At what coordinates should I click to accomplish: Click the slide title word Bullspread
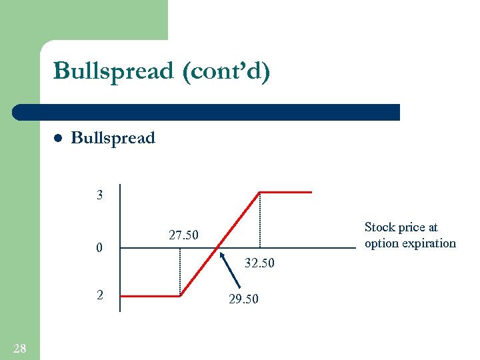113,71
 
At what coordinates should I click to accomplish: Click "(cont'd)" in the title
224,71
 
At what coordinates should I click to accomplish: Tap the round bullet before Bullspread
57,139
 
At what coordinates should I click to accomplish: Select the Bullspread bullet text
113,138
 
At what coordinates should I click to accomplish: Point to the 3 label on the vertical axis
100,196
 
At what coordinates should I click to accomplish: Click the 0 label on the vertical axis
99,249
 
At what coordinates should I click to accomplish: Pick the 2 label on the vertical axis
100,295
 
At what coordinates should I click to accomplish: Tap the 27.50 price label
183,235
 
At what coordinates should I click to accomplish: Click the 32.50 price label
259,263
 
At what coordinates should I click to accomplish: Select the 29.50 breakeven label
243,299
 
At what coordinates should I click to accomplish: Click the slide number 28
20,347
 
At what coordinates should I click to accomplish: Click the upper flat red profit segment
285,192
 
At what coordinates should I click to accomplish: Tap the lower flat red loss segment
151,295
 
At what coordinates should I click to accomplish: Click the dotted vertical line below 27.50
180,272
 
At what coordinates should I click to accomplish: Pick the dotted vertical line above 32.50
259,220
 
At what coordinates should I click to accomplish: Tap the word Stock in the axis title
380,227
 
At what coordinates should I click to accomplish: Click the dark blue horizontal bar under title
207,112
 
